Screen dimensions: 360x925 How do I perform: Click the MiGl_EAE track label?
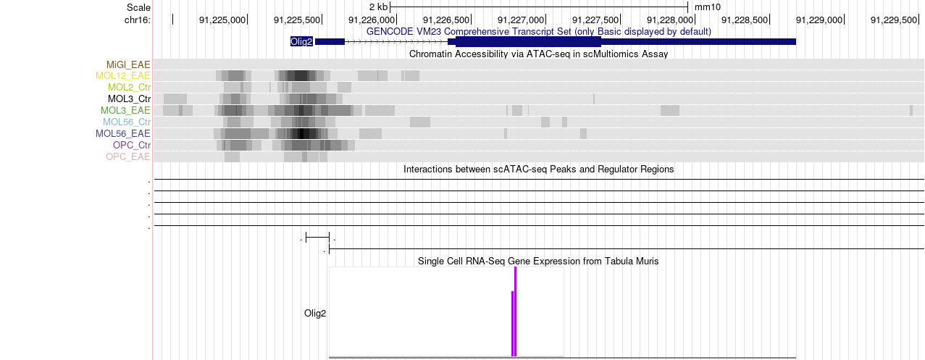(129, 64)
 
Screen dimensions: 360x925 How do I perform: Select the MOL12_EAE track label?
(123, 76)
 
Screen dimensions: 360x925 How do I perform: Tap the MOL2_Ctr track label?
(129, 88)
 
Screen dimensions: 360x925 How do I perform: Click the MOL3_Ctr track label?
(129, 99)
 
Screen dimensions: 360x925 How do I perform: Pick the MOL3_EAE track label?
(125, 111)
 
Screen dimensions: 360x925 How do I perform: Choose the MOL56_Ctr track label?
(127, 122)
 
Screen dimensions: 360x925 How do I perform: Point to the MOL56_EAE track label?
(123, 134)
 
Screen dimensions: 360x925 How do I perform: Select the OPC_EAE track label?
(128, 157)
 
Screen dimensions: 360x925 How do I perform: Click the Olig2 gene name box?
(301, 41)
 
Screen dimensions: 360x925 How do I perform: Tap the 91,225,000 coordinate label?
(223, 20)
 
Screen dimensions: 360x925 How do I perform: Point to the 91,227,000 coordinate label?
(522, 20)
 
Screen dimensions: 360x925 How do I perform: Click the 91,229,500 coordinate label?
(894, 20)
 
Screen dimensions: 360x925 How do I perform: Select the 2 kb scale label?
(379, 7)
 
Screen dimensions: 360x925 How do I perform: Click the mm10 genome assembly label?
(708, 7)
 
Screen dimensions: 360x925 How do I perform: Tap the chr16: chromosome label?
(138, 20)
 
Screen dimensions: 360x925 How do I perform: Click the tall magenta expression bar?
(516, 311)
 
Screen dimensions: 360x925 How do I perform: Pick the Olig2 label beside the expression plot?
(315, 314)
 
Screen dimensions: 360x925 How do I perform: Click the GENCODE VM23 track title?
(539, 32)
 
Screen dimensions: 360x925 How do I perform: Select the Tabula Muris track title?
(538, 261)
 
